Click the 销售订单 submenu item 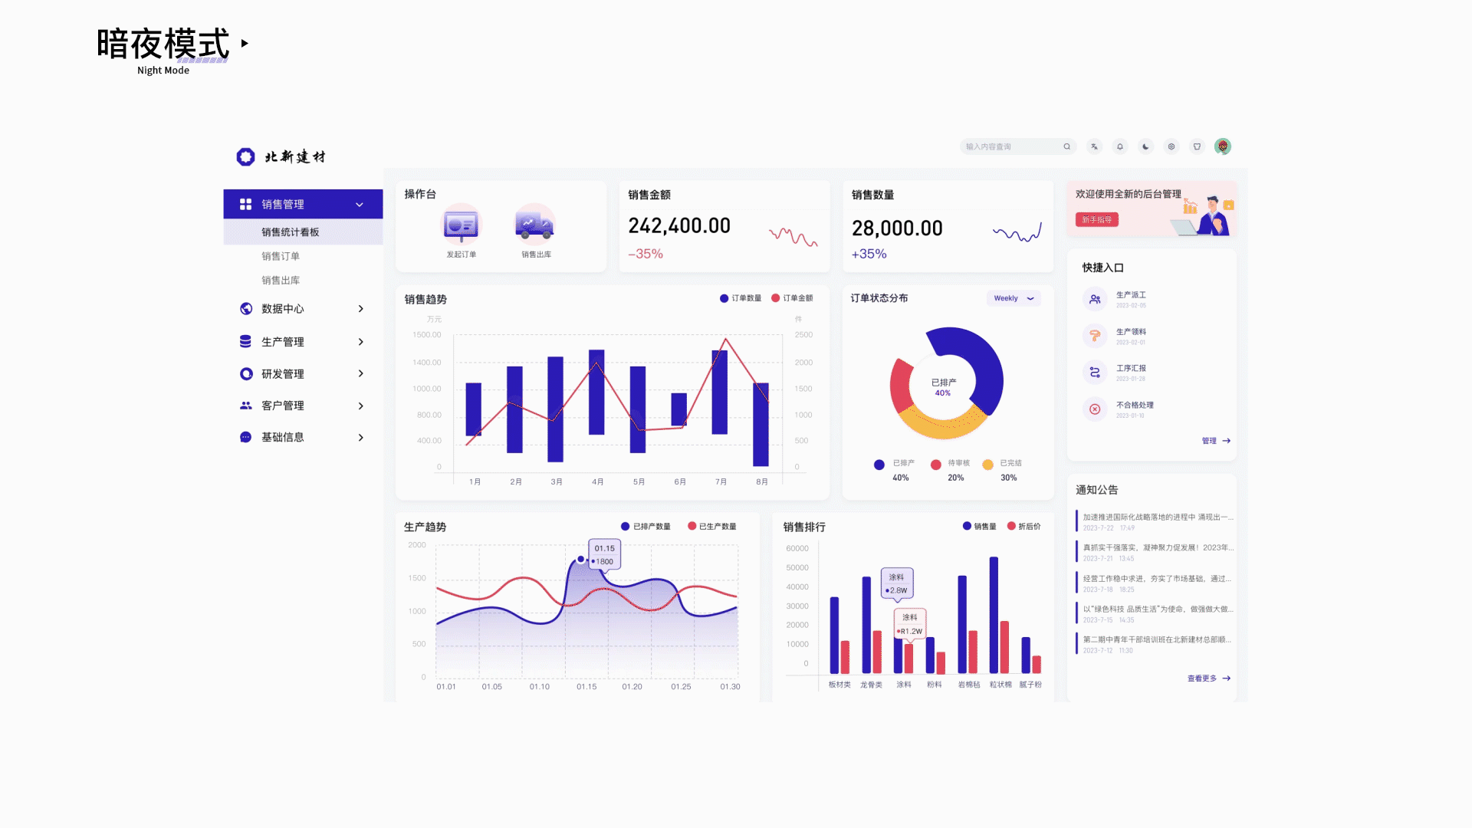pos(281,256)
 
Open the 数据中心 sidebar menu pos(283,309)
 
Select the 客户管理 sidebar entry pos(283,406)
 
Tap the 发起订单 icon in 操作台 pos(462,226)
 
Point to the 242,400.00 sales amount pos(679,226)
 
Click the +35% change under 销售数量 pos(869,254)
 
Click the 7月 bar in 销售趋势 pos(719,392)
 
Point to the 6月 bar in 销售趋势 pos(678,409)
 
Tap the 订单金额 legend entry pos(793,298)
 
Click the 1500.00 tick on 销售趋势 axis pos(427,335)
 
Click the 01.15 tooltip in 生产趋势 pos(604,554)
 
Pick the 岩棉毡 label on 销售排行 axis pos(968,685)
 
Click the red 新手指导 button pos(1096,220)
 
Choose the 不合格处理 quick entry pos(1134,406)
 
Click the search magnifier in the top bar pos(1066,146)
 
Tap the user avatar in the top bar pos(1223,146)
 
